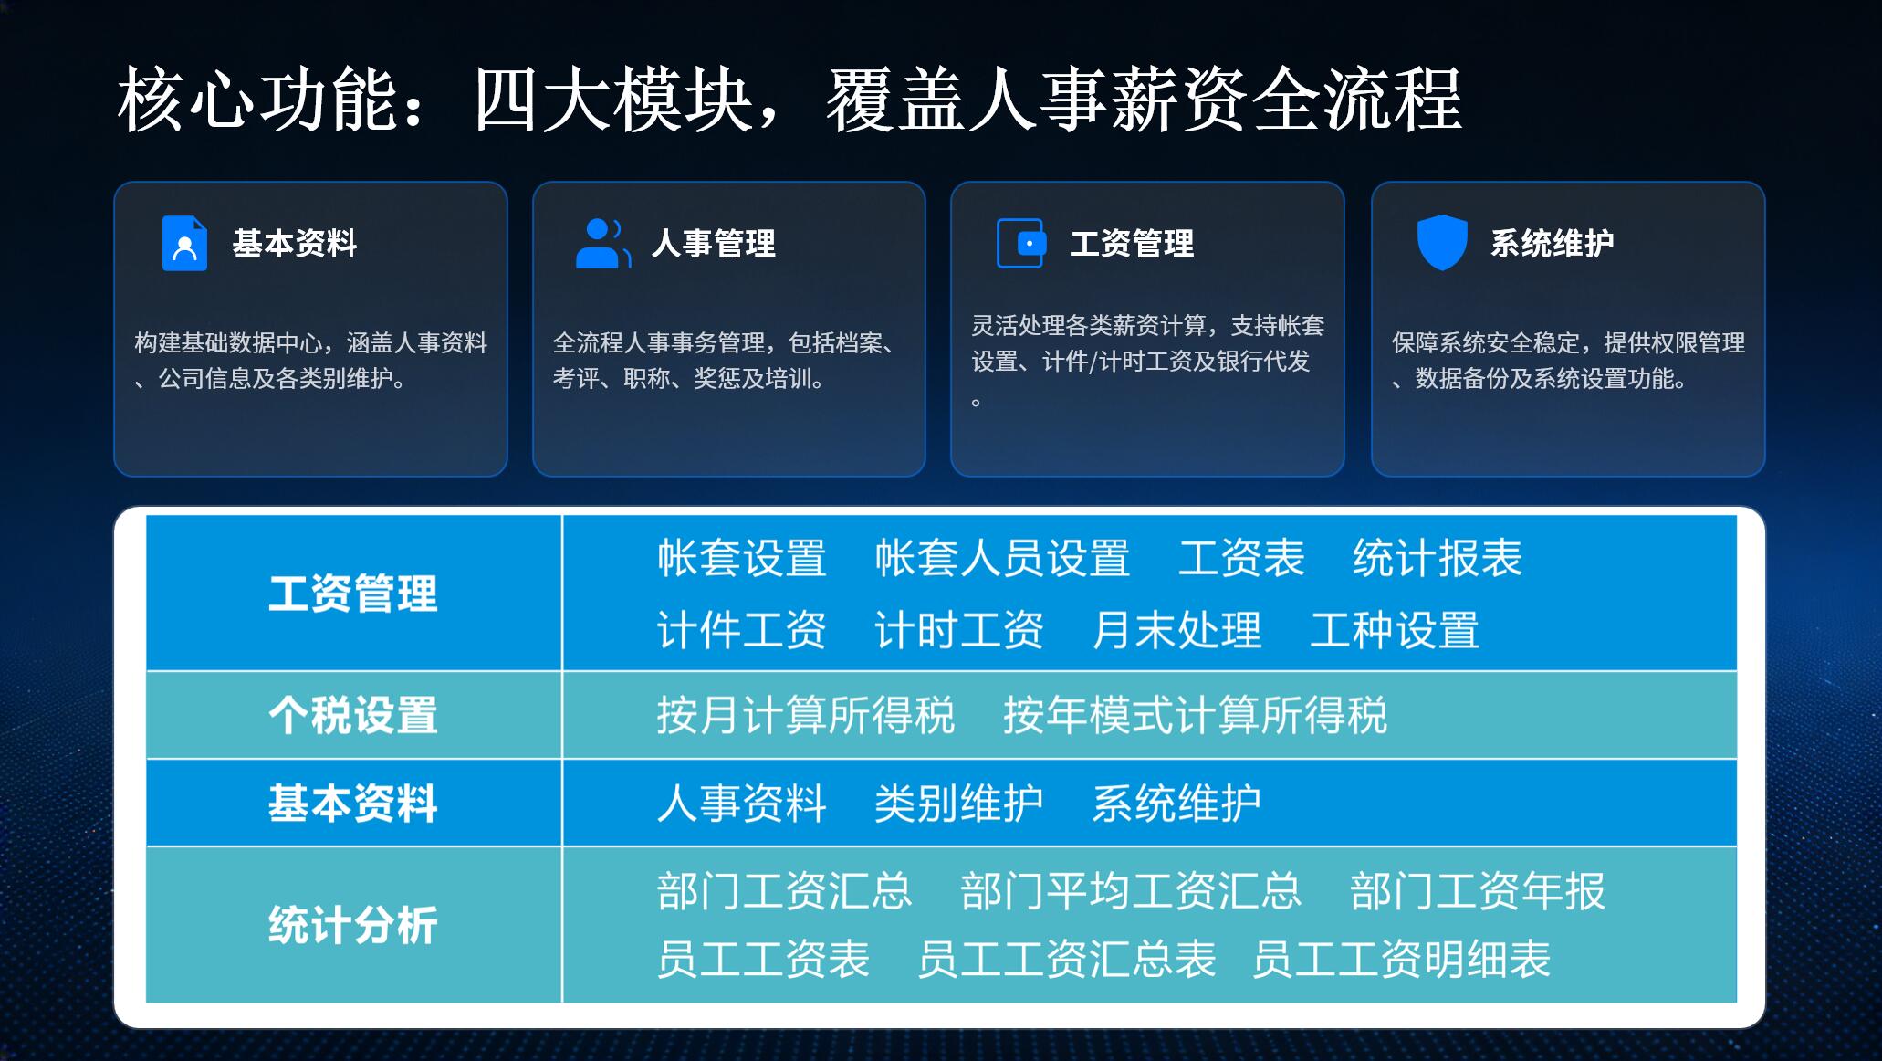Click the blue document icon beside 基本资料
(184, 243)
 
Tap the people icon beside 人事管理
(603, 243)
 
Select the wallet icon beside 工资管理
(1020, 243)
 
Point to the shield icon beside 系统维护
(1442, 243)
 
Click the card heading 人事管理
(714, 244)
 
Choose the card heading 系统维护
(1553, 244)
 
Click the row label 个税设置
(353, 715)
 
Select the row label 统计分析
(353, 925)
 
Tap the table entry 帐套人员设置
(1002, 558)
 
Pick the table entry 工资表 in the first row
(1241, 558)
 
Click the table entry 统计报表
(1438, 558)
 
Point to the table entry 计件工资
(741, 630)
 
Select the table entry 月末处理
(1176, 630)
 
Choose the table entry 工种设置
(1395, 630)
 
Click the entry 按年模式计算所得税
(1195, 715)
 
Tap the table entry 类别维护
(958, 804)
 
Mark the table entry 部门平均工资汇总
(1130, 891)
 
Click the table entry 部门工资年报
(1477, 891)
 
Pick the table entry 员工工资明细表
(1401, 960)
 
